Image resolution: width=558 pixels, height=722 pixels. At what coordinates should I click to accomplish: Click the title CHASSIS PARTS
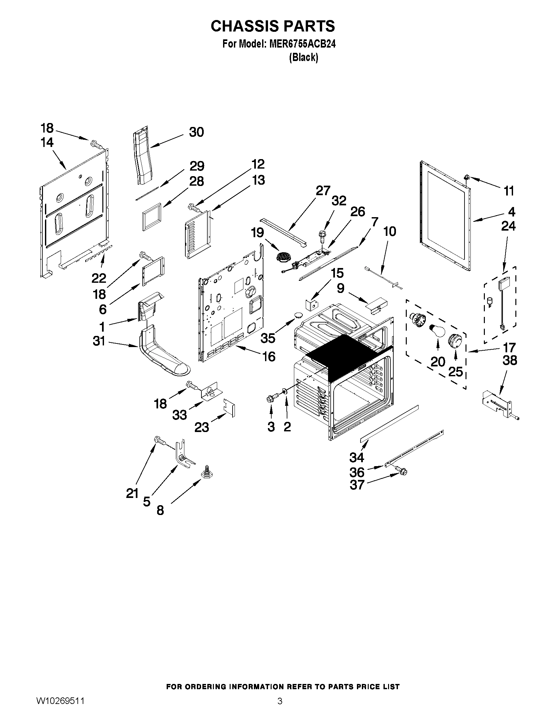tap(273, 26)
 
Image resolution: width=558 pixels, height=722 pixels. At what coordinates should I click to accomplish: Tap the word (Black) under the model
tap(303, 57)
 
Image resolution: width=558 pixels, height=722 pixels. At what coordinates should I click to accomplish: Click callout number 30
tap(196, 132)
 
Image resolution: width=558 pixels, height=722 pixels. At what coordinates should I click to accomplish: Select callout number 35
tap(268, 338)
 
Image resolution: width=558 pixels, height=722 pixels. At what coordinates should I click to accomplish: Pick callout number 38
tap(509, 360)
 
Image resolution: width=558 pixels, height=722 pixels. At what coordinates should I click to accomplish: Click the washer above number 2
tap(284, 392)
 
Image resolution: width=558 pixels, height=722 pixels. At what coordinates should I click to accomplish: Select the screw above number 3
tap(271, 398)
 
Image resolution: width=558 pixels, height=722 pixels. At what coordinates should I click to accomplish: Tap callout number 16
tap(269, 356)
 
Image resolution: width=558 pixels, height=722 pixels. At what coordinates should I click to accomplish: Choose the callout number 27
tap(323, 191)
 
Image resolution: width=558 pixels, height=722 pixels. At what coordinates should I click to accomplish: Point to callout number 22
tap(98, 278)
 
